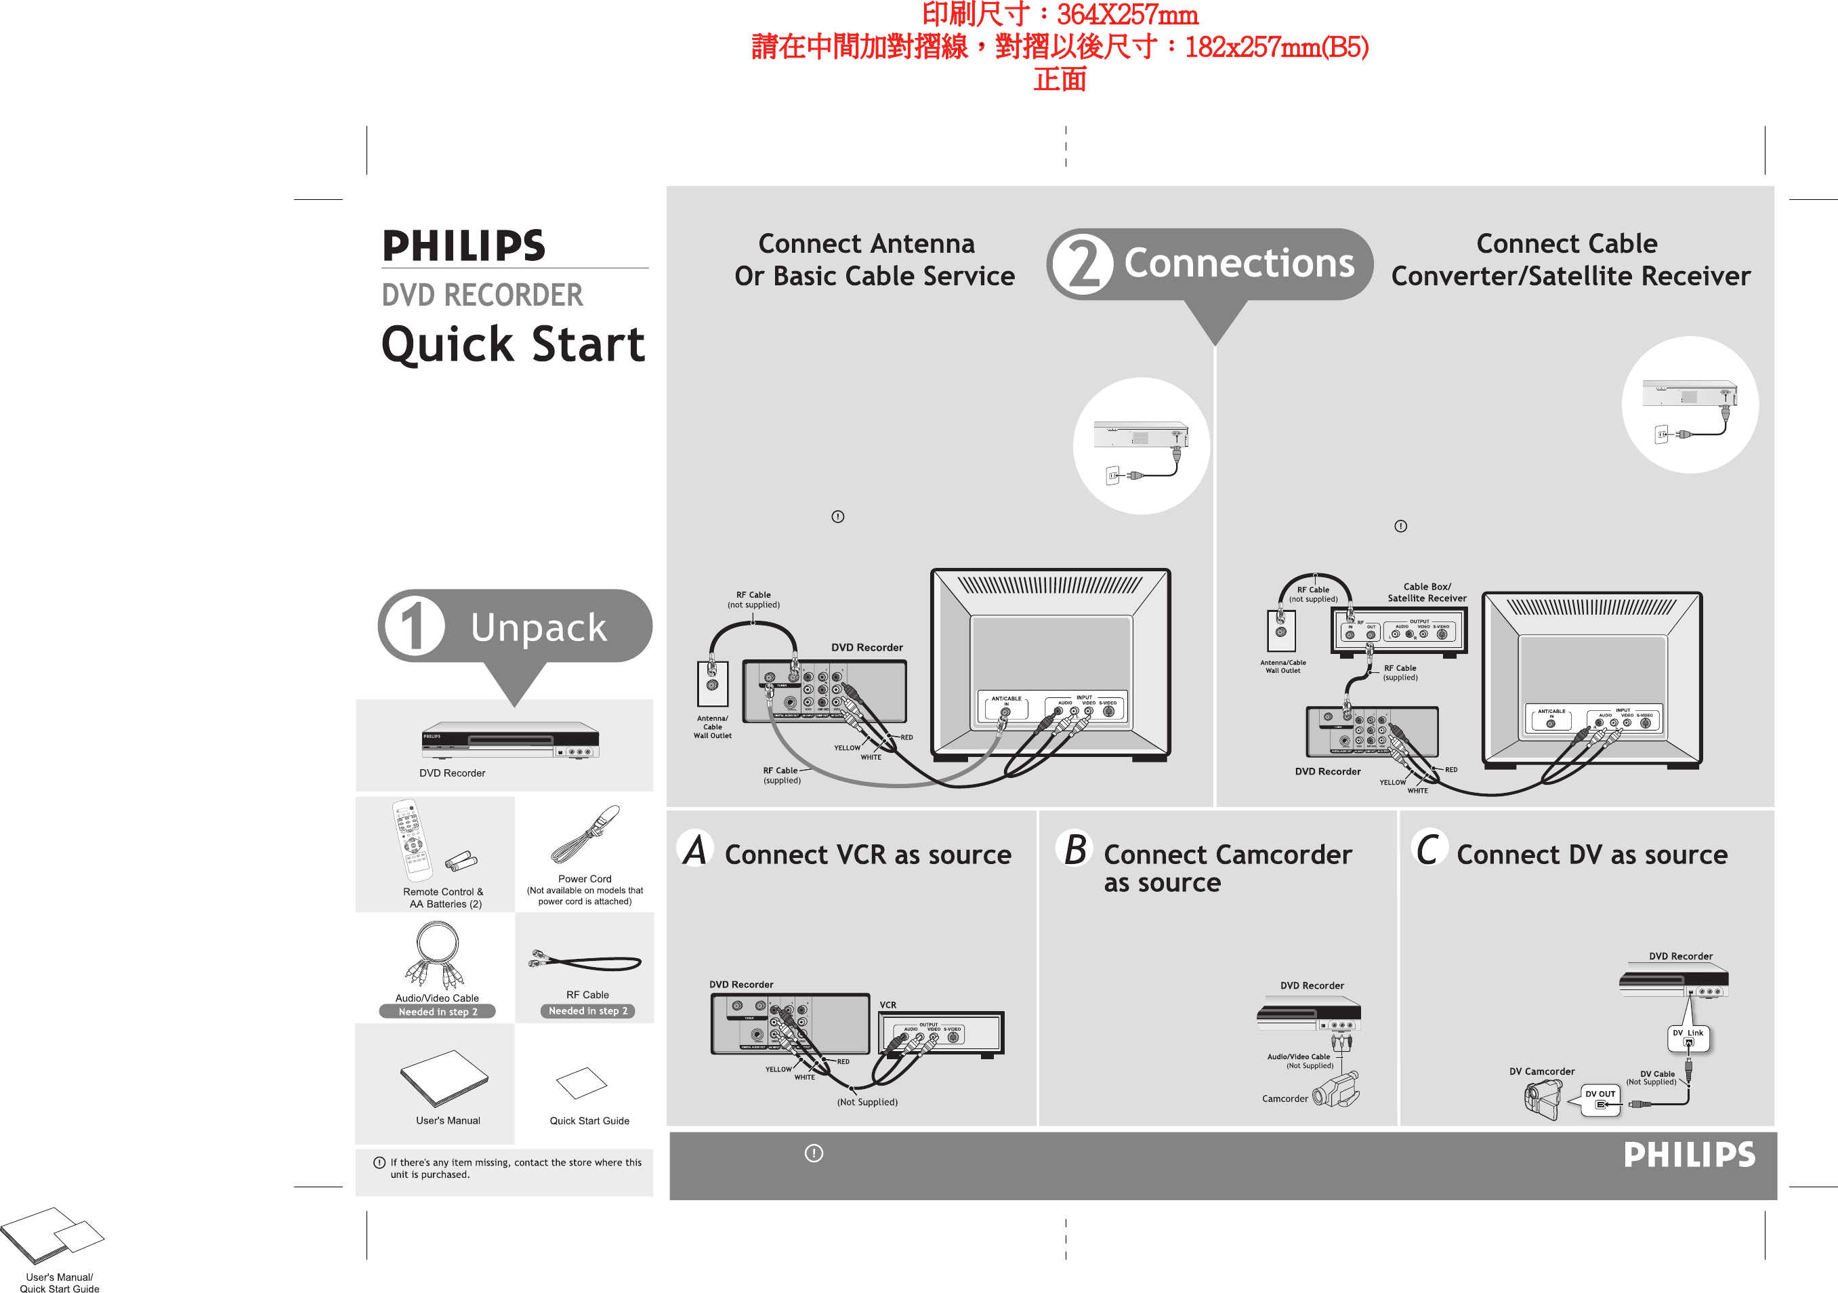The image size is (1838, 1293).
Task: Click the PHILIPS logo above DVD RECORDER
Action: tap(463, 245)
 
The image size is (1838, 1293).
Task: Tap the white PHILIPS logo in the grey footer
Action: tap(1689, 1155)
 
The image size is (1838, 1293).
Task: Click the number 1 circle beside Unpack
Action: tap(414, 626)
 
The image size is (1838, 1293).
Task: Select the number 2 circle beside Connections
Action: tap(1083, 264)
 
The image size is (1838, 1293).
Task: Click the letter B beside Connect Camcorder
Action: tap(1075, 849)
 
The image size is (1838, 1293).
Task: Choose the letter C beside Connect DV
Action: tap(1429, 849)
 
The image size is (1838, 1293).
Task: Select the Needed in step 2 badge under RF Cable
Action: tap(587, 1011)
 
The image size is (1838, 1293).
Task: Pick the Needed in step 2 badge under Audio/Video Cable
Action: tap(437, 1012)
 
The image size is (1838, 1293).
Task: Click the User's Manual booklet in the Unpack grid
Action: tap(444, 1077)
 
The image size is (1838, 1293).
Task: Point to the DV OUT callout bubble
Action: tap(1600, 1099)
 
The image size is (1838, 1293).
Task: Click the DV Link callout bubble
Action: tap(1688, 1038)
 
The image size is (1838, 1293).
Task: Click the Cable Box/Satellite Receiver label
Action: tap(1427, 592)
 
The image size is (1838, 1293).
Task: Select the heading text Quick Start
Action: tap(513, 344)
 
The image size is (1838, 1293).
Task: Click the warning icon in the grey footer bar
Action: tap(814, 1153)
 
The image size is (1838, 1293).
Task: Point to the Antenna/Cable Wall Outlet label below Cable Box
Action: tap(1282, 666)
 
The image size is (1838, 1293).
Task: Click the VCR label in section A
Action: tap(887, 1005)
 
